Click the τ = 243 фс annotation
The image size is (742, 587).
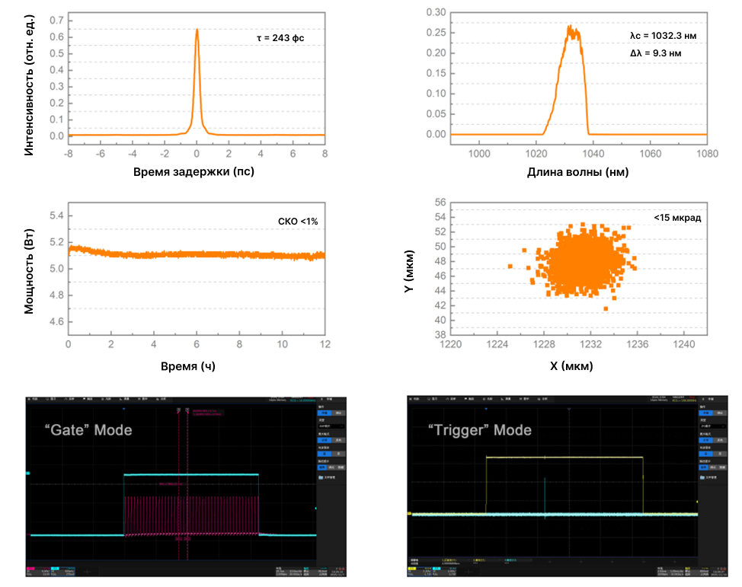pos(280,37)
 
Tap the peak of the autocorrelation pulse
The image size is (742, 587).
pos(197,30)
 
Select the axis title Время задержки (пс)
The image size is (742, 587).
pos(193,171)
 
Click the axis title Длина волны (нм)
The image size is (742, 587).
pos(577,171)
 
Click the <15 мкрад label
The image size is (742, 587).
pos(677,219)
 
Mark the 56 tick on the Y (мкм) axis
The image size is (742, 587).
pos(438,203)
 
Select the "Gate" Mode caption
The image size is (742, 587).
pos(88,430)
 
